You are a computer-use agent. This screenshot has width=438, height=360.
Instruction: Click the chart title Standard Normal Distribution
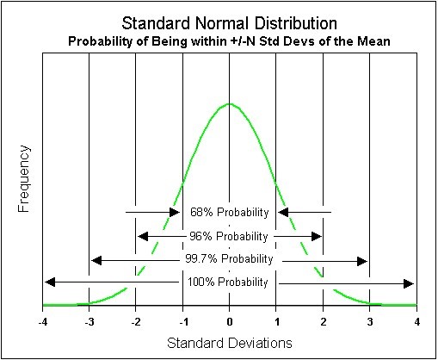(x=229, y=23)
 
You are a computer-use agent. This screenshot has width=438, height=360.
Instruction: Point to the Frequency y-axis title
(x=24, y=179)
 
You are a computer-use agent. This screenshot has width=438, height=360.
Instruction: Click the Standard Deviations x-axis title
(x=230, y=343)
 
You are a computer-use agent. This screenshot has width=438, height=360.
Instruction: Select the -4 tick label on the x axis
(x=42, y=322)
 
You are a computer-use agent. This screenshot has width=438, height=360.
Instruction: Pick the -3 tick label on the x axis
(x=89, y=322)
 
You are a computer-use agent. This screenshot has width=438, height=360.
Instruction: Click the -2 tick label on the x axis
(x=136, y=322)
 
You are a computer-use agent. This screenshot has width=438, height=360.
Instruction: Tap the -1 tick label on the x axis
(x=182, y=322)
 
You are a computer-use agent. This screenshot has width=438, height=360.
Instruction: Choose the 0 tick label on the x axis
(x=230, y=322)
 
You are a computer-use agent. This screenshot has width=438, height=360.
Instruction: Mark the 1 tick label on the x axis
(x=277, y=322)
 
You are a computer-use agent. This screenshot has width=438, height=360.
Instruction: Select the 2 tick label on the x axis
(x=324, y=322)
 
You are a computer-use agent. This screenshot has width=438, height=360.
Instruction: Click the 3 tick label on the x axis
(x=370, y=322)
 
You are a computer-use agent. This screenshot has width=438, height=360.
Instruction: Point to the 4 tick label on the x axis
(x=417, y=322)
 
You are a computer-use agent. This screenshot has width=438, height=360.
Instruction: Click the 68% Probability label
(x=230, y=213)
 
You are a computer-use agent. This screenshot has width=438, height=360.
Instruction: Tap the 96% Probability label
(x=229, y=236)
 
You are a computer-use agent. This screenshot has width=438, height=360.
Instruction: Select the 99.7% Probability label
(x=229, y=259)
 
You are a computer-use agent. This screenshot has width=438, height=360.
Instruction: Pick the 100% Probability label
(x=228, y=282)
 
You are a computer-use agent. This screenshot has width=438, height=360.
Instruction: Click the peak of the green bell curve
(x=230, y=103)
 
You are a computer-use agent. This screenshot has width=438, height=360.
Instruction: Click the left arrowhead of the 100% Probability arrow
(x=50, y=282)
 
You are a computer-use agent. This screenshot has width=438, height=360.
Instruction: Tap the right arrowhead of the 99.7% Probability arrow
(x=362, y=261)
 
